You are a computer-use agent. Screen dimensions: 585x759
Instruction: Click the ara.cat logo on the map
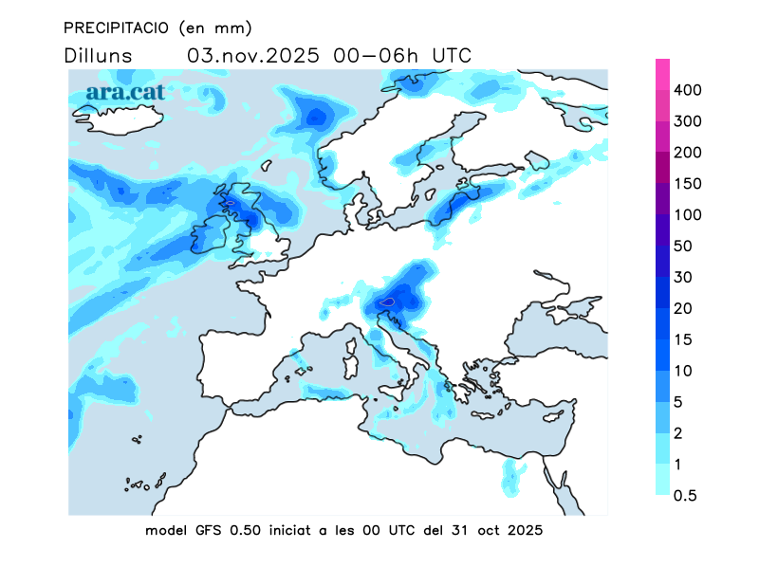click(125, 92)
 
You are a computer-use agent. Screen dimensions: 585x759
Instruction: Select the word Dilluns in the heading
click(99, 55)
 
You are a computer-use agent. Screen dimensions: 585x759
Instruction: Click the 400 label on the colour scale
click(687, 90)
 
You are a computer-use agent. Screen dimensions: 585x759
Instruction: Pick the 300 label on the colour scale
click(687, 121)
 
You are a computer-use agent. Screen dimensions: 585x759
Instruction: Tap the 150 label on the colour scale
click(687, 184)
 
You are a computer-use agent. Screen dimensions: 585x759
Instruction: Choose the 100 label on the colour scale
click(687, 215)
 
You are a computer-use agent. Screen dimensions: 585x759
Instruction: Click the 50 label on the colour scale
click(683, 247)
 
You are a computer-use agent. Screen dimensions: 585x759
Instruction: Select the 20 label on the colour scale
click(683, 309)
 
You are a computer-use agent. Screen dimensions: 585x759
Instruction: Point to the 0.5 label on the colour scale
click(686, 496)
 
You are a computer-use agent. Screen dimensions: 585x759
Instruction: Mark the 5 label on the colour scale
click(679, 402)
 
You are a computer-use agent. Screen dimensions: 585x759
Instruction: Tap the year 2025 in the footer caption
click(524, 530)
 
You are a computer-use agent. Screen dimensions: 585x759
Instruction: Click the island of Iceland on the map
click(119, 120)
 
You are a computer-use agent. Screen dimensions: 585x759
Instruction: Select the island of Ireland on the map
click(212, 236)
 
